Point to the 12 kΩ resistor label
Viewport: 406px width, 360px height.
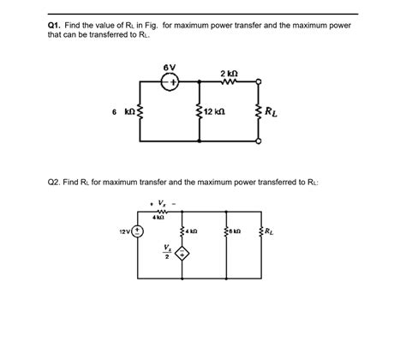[x=214, y=113]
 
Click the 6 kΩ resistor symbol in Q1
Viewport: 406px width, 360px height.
[x=140, y=112]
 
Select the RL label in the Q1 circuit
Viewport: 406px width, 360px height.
[x=272, y=111]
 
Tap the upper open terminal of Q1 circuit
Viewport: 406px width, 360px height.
[x=260, y=83]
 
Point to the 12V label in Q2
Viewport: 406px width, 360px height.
[x=125, y=232]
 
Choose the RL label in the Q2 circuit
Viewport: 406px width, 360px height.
[x=270, y=231]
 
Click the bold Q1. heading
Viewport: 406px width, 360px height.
[x=57, y=26]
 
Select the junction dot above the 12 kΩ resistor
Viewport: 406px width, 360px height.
[x=199, y=83]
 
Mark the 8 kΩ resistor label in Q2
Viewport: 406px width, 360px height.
[x=236, y=231]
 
